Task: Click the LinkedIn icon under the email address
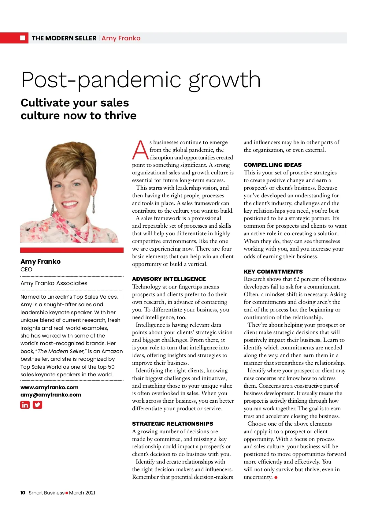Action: [25, 405]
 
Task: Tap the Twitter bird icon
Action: [37, 405]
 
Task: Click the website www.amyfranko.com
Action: [49, 387]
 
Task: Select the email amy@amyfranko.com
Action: [51, 395]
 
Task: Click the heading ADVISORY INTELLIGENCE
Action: [169, 279]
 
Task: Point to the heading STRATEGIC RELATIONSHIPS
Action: [172, 424]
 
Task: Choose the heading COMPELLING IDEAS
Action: [272, 165]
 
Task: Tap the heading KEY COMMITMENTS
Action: [273, 272]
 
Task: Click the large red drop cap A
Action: [140, 150]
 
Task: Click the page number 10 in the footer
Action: [23, 493]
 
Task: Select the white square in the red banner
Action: [23, 38]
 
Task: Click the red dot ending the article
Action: [276, 477]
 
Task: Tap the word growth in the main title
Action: [224, 80]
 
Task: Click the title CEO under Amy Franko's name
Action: [26, 270]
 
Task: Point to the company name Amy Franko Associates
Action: [54, 283]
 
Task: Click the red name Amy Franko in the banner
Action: [121, 38]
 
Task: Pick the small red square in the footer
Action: [67, 493]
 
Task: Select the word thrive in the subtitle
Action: [120, 116]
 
